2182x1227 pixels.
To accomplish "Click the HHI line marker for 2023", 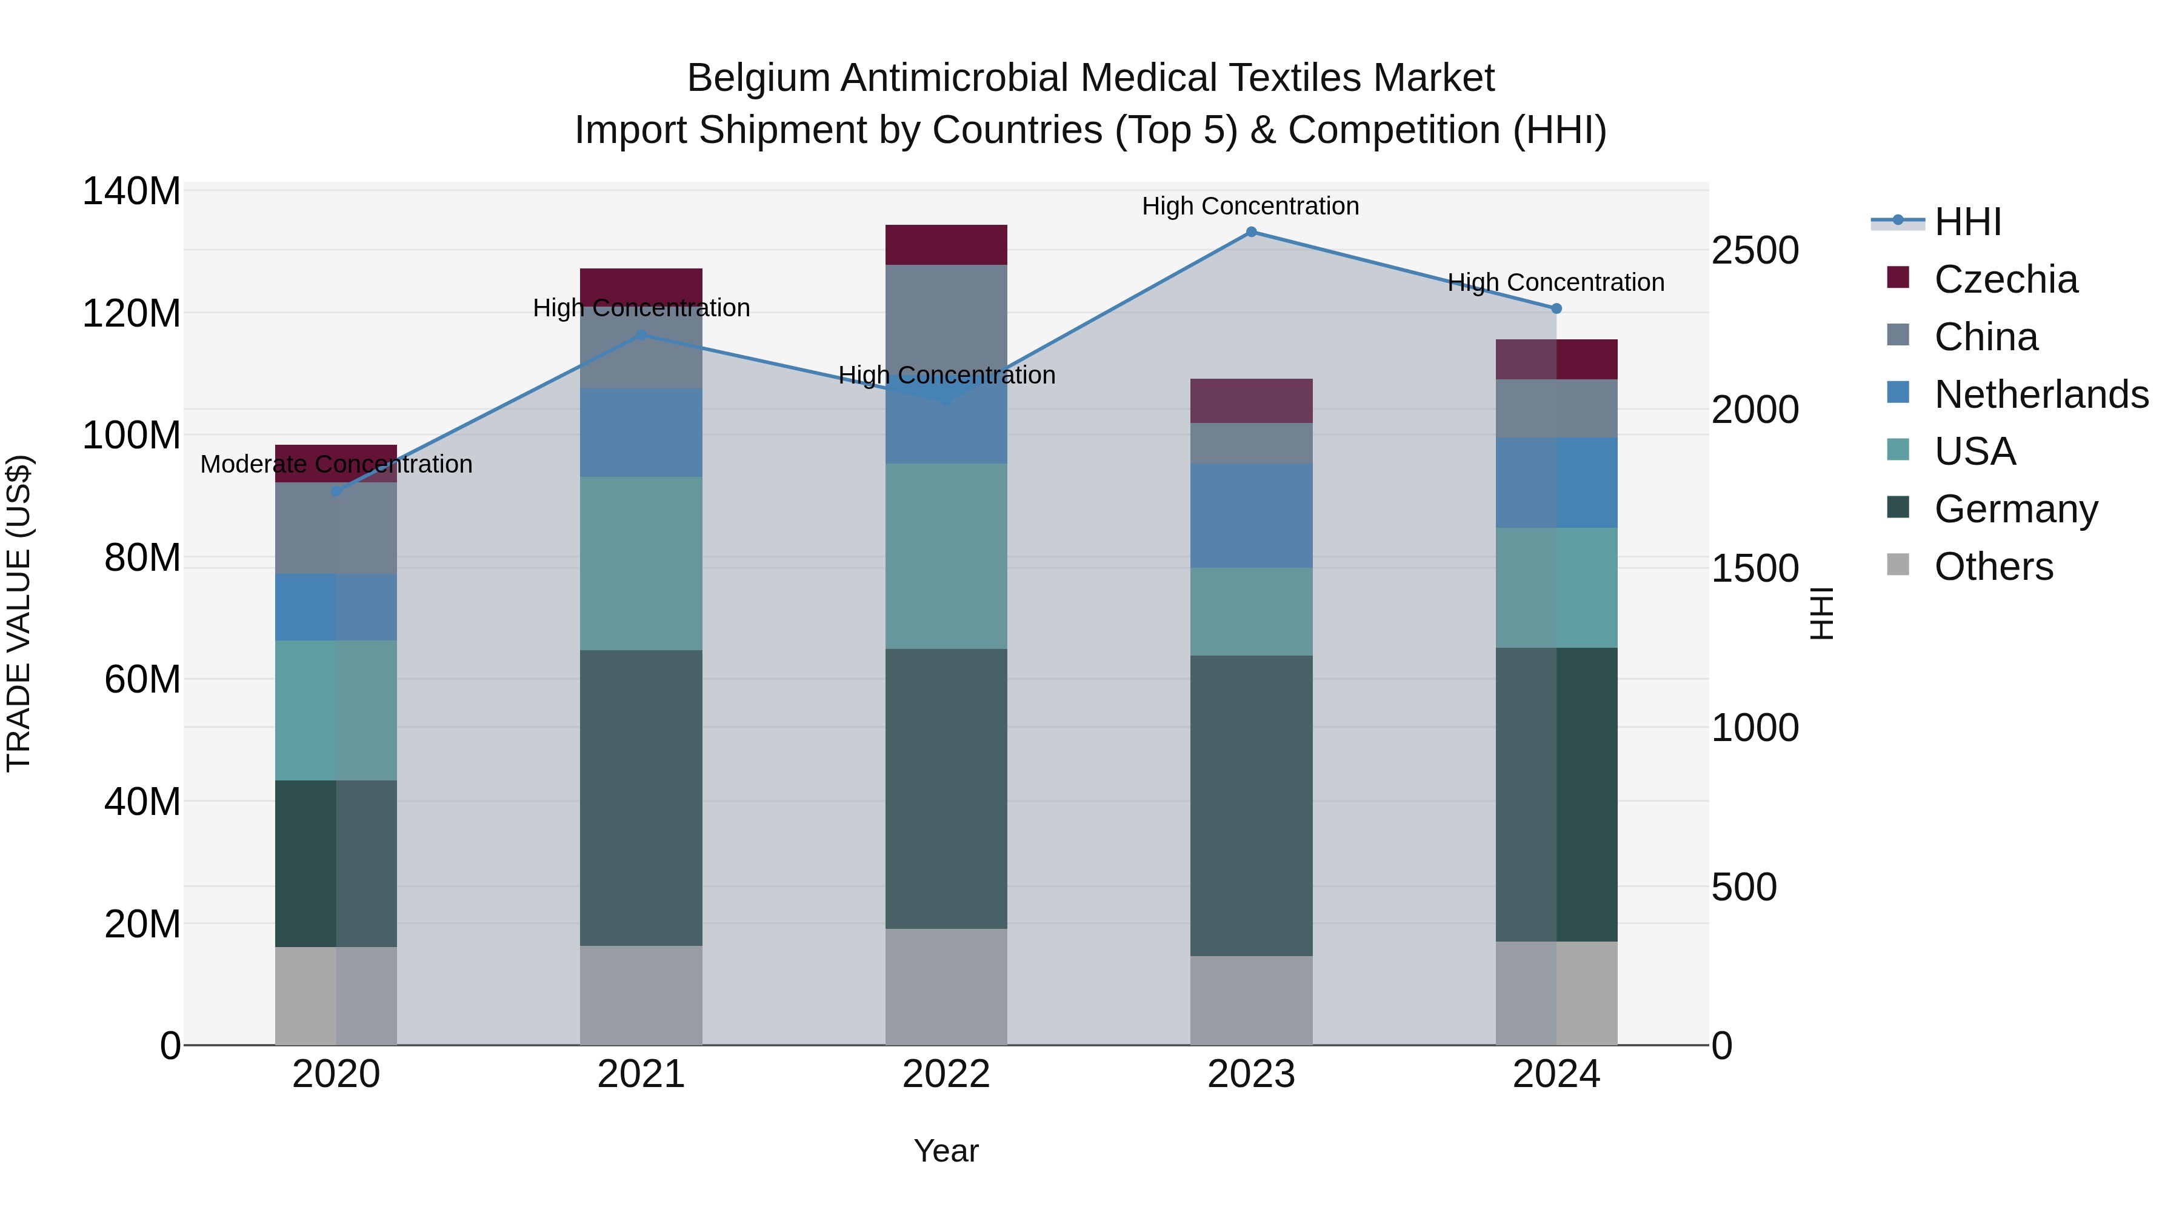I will pyautogui.click(x=1251, y=232).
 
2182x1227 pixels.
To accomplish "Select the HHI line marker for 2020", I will pyautogui.click(x=336, y=491).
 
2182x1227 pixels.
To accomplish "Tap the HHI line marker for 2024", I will pyautogui.click(x=1556, y=309).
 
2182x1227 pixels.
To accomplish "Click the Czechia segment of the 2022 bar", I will pyautogui.click(x=946, y=245).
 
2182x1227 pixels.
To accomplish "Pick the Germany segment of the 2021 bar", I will pyautogui.click(x=641, y=797).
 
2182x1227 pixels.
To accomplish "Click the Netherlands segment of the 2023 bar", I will pyautogui.click(x=1251, y=515).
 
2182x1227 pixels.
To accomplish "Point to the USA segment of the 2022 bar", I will pyautogui.click(x=946, y=556).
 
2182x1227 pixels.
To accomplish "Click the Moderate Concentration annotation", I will pyautogui.click(x=336, y=464).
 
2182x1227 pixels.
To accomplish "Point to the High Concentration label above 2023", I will pyautogui.click(x=1250, y=206).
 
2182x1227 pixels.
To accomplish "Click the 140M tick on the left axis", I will pyautogui.click(x=132, y=191).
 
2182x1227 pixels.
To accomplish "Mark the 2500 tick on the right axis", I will pyautogui.click(x=1754, y=251).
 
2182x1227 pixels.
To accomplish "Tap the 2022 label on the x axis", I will pyautogui.click(x=946, y=1074).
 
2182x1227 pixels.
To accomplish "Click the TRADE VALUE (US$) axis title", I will pyautogui.click(x=19, y=614).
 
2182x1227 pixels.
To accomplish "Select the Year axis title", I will pyautogui.click(x=946, y=1151).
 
